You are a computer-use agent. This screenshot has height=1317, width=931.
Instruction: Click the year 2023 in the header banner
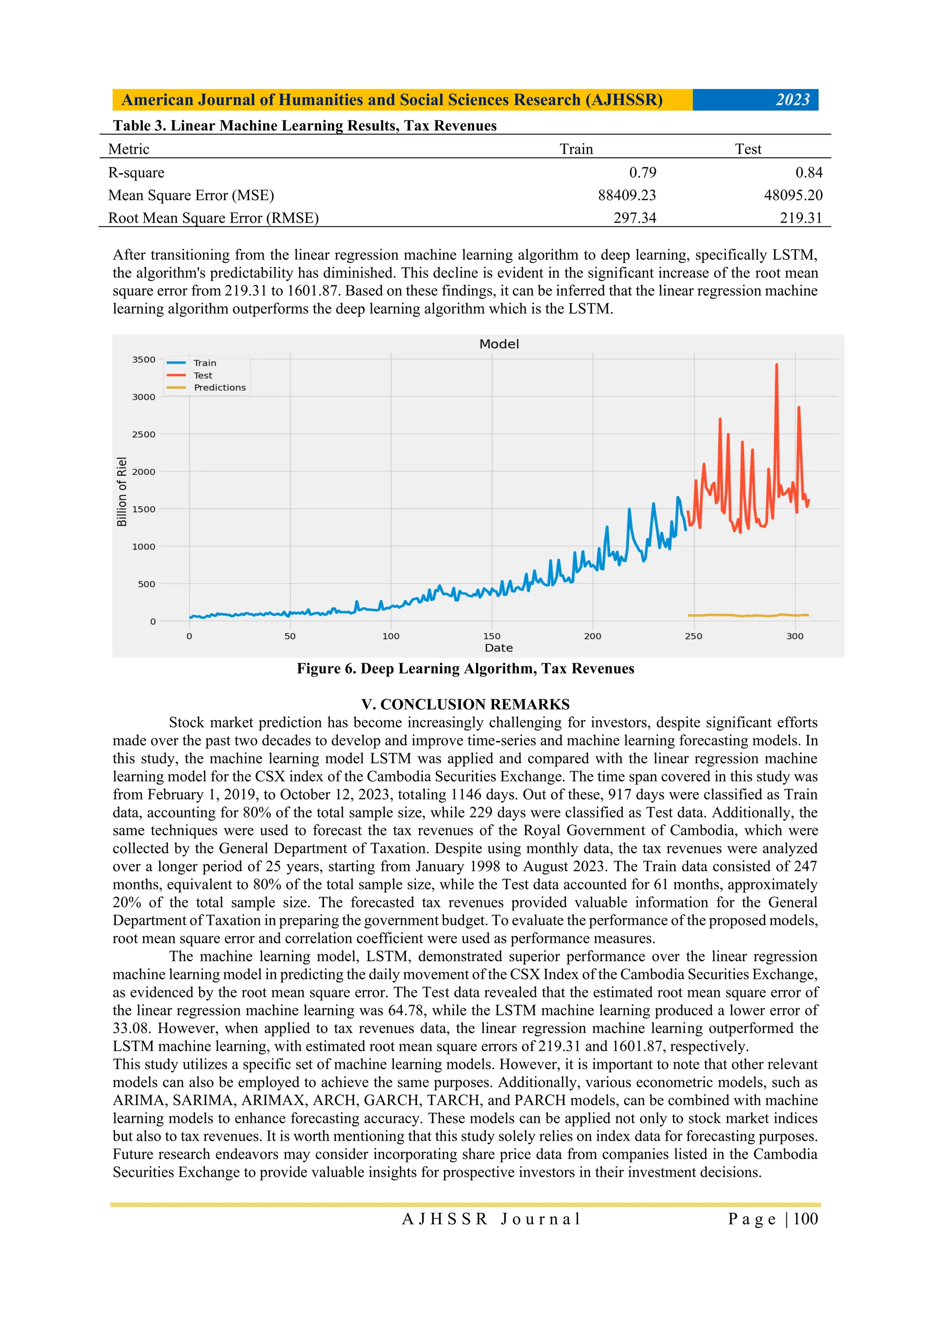point(792,100)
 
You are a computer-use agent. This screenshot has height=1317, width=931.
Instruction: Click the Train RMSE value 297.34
point(635,218)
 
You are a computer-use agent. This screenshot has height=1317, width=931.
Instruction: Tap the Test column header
point(747,149)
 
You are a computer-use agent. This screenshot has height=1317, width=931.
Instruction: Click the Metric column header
point(129,149)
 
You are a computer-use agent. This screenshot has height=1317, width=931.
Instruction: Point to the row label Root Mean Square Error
point(213,218)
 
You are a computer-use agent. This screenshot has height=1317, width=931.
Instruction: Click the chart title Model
point(499,344)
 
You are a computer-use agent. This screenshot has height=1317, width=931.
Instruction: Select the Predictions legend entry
point(219,388)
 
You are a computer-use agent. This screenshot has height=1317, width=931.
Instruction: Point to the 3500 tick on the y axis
point(143,360)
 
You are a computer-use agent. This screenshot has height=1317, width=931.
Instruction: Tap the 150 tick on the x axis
point(491,636)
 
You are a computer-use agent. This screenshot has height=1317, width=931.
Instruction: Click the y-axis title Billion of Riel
point(122,491)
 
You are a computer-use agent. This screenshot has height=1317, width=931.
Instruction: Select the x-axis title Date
point(499,648)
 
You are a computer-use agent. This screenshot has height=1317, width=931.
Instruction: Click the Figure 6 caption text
point(465,669)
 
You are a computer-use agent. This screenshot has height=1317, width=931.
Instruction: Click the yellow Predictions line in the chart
point(746,616)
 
